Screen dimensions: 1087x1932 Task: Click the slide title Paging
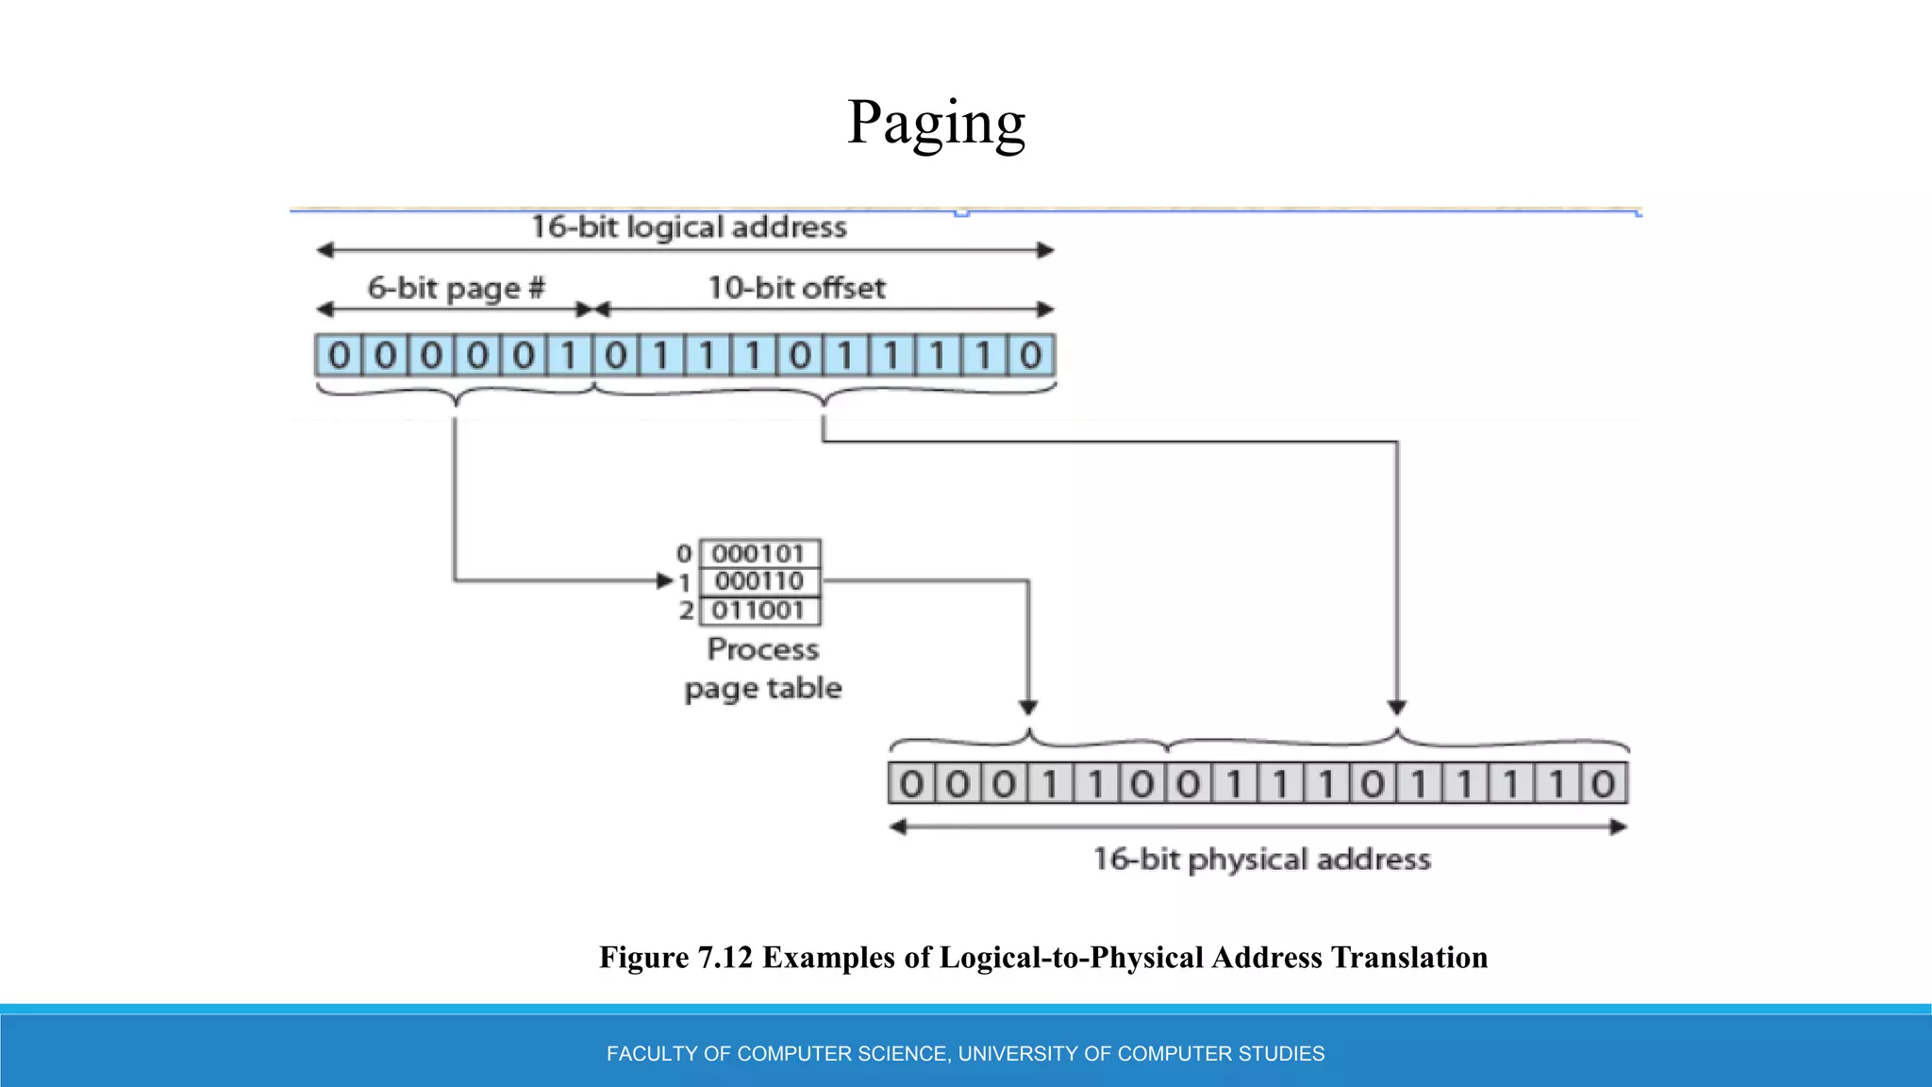pos(936,123)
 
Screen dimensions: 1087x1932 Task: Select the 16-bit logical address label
pos(689,227)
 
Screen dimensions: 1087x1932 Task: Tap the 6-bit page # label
pos(456,288)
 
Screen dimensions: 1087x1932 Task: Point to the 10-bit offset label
pos(796,288)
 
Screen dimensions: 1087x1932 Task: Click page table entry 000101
pos(758,553)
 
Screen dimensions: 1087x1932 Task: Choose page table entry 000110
pos(758,581)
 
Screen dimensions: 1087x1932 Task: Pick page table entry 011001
pos(758,610)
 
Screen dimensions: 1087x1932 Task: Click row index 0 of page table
pos(684,554)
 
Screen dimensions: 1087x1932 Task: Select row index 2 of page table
pos(686,610)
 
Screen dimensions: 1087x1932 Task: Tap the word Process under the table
pos(763,649)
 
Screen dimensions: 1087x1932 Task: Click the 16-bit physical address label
pos(1261,860)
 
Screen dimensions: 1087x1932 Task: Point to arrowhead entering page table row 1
pos(665,581)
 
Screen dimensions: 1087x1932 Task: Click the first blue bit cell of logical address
pos(339,356)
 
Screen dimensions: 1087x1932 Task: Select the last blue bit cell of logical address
pos(1030,356)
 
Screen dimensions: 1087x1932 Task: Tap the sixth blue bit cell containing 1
pos(569,356)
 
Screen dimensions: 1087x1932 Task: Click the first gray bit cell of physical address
pos(911,783)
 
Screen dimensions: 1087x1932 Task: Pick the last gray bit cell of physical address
pos(1603,783)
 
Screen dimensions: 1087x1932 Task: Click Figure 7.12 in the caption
pos(675,958)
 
